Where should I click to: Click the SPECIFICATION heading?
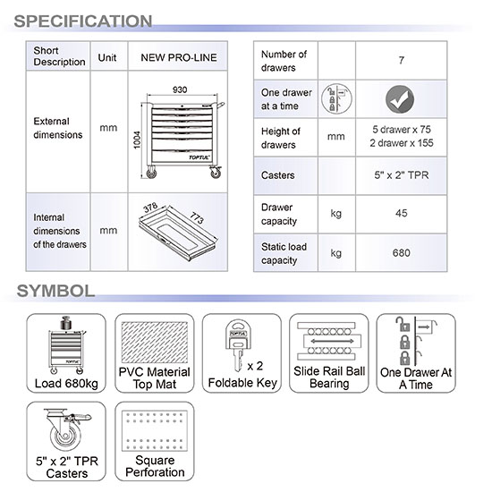(x=83, y=21)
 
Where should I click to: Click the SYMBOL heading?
(x=55, y=291)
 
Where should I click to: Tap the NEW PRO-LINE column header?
(x=179, y=57)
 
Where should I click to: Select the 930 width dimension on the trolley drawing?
(x=180, y=89)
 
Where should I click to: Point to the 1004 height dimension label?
(x=137, y=140)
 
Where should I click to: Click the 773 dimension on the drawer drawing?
(x=197, y=217)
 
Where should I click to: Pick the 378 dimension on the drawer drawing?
(x=150, y=208)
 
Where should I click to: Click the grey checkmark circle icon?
(x=400, y=99)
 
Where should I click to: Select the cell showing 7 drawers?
(x=402, y=60)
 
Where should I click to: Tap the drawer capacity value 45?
(x=402, y=214)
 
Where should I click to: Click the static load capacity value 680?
(x=402, y=253)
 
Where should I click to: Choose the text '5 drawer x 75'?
(x=402, y=130)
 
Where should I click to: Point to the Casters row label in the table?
(x=277, y=175)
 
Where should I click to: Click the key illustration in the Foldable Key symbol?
(x=239, y=344)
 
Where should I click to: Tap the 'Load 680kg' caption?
(x=66, y=384)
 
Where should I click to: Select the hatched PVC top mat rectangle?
(x=155, y=342)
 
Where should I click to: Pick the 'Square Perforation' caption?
(x=155, y=466)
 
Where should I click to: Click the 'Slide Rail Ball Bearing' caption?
(x=329, y=377)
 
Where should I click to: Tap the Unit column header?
(x=107, y=58)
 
